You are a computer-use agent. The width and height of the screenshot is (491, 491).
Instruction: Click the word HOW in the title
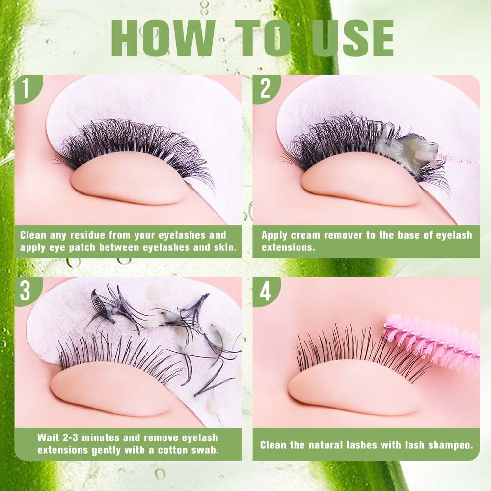tap(163, 38)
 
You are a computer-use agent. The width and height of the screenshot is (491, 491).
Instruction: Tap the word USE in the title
tap(352, 38)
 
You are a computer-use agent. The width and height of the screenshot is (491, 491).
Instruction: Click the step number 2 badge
tap(266, 88)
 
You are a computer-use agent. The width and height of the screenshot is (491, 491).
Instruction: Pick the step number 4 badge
tap(266, 291)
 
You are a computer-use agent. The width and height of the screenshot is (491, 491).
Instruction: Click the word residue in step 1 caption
tap(88, 235)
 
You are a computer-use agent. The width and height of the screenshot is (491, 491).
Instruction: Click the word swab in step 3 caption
tap(206, 450)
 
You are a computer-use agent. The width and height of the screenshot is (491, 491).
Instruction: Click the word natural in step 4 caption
tap(327, 445)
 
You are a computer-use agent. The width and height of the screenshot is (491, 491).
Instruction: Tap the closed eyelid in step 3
tap(113, 393)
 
